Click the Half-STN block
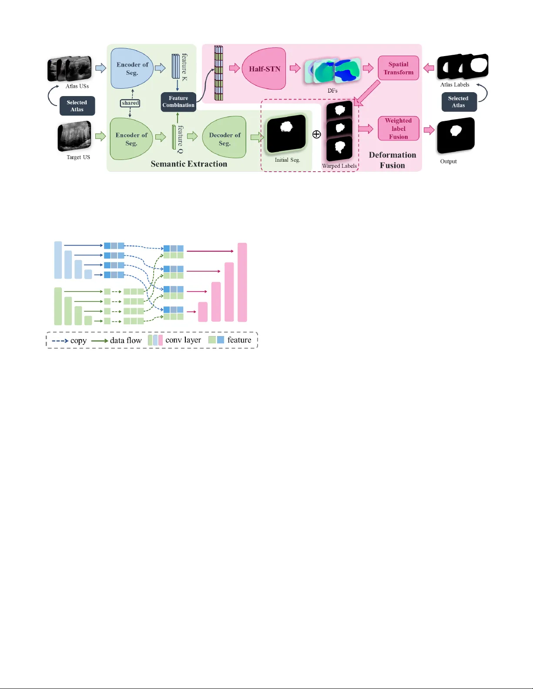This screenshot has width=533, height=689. [x=264, y=69]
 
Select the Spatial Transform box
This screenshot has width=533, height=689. [x=398, y=68]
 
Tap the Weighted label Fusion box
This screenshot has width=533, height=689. [x=398, y=129]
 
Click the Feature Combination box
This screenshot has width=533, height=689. [x=178, y=102]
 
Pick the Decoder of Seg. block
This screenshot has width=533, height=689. [x=225, y=139]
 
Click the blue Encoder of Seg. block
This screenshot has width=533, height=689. [x=132, y=69]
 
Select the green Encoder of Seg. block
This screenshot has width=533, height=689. [x=131, y=139]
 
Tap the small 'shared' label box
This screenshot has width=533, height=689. [x=130, y=103]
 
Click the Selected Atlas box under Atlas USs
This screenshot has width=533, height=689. [x=77, y=106]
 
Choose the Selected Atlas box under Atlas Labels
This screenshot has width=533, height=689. [x=459, y=102]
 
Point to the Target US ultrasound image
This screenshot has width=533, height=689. [x=74, y=136]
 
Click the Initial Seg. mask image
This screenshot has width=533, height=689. [x=286, y=134]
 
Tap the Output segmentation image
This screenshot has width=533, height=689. [x=456, y=135]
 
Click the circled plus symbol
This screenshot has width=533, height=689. [x=317, y=135]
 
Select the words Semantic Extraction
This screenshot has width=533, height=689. [x=189, y=164]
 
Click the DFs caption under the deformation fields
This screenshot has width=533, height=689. [x=332, y=90]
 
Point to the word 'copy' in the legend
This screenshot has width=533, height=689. [x=78, y=340]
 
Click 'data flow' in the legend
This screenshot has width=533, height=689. [x=126, y=340]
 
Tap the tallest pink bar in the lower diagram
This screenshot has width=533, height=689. [x=242, y=282]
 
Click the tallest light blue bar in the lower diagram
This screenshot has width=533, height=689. [x=58, y=260]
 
